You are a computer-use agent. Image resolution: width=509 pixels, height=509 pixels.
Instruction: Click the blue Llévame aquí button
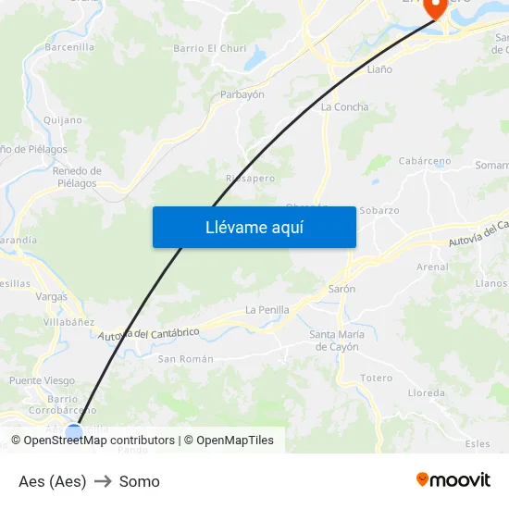pyautogui.click(x=254, y=227)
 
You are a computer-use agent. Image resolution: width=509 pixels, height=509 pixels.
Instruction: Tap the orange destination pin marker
pyautogui.click(x=433, y=7)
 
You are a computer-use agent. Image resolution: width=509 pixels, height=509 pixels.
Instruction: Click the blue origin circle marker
pyautogui.click(x=74, y=431)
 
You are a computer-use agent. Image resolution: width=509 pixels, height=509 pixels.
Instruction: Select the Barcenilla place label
pyautogui.click(x=69, y=47)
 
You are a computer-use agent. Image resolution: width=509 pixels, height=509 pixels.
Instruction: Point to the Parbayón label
pyautogui.click(x=242, y=94)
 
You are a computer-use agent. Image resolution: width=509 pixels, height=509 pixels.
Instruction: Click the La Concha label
pyautogui.click(x=344, y=107)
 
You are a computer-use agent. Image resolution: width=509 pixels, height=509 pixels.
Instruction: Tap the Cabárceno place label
pyautogui.click(x=424, y=161)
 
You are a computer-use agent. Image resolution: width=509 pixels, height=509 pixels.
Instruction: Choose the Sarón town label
pyautogui.click(x=341, y=290)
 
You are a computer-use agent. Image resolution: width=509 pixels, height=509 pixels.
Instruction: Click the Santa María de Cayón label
pyautogui.click(x=336, y=341)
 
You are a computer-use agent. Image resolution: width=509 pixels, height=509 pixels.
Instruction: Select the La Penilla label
pyautogui.click(x=267, y=310)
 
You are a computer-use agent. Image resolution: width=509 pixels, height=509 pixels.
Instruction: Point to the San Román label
pyautogui.click(x=185, y=359)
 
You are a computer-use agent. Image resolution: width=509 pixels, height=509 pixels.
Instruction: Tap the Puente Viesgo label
pyautogui.click(x=42, y=380)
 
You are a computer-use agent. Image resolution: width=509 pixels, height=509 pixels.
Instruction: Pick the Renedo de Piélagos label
pyautogui.click(x=77, y=177)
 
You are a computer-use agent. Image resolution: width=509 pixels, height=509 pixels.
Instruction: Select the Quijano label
pyautogui.click(x=63, y=120)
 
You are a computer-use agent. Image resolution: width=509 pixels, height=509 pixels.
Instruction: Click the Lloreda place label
pyautogui.click(x=426, y=392)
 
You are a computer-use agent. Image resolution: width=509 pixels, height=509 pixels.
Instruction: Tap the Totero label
pyautogui.click(x=377, y=379)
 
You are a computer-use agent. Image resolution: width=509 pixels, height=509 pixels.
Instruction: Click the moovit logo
pyautogui.click(x=453, y=479)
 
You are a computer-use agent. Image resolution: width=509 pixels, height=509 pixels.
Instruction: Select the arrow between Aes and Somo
pyautogui.click(x=103, y=481)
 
